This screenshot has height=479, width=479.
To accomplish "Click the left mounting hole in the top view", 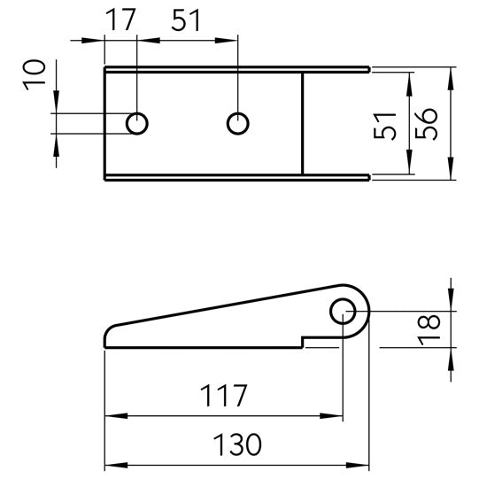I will click(137, 123).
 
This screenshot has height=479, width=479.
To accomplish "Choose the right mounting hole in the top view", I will click(237, 123).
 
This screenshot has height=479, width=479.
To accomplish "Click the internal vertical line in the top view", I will click(304, 124).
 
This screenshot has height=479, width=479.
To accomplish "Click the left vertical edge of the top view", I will click(105, 124).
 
